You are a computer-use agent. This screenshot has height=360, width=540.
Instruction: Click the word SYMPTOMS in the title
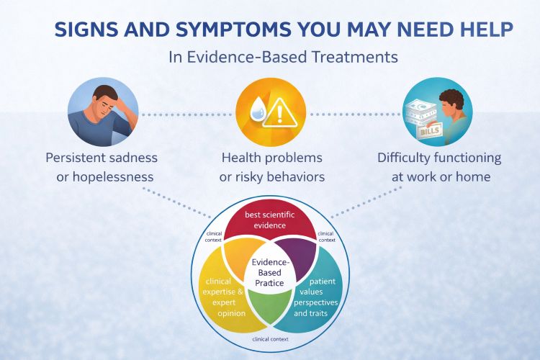217,31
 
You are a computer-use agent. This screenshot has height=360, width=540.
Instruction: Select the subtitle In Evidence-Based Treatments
283,58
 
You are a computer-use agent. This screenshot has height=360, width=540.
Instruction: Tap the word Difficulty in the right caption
408,157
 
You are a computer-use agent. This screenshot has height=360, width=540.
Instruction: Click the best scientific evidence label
270,220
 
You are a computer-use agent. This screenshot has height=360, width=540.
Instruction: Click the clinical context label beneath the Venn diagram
271,337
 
